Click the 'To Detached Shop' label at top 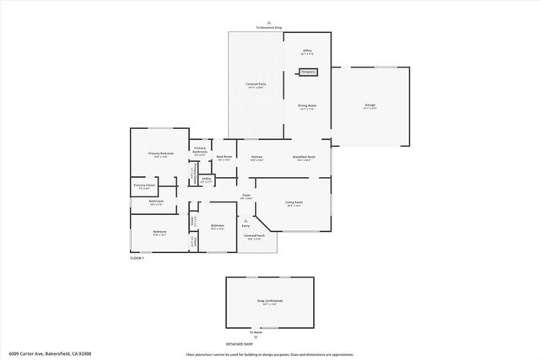pos(270,29)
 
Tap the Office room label pos(308,51)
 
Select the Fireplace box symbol pos(308,73)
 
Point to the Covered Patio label pos(256,84)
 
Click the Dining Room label pos(306,106)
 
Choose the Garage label pos(370,106)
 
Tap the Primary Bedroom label pos(160,153)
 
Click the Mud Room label pos(224,157)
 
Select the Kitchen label pos(256,157)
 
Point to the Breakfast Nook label pos(305,157)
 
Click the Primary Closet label pos(144,185)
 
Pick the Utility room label pos(206,179)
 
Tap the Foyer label pos(246,196)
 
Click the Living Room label pos(294,202)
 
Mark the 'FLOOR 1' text pos(138,258)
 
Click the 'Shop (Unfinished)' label pos(270,301)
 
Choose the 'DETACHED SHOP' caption pos(239,344)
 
